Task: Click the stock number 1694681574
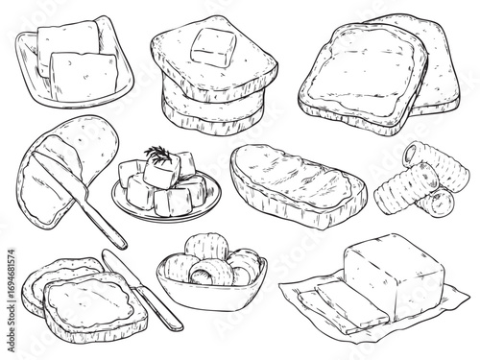11,276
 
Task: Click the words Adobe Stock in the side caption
11,328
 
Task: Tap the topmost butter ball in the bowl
206,247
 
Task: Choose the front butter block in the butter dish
84,76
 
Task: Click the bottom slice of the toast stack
212,118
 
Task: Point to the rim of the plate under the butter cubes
166,214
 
